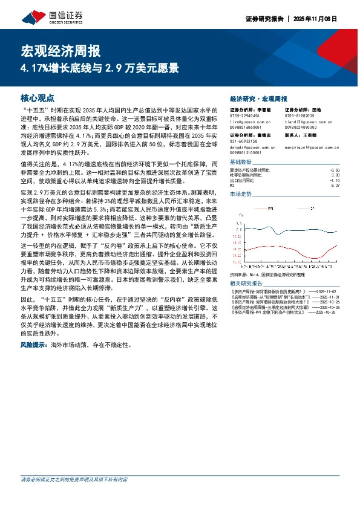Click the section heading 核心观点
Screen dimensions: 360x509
38,97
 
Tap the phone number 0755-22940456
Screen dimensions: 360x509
245,115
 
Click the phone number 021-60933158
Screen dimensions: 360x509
245,141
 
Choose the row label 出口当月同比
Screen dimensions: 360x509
243,180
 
